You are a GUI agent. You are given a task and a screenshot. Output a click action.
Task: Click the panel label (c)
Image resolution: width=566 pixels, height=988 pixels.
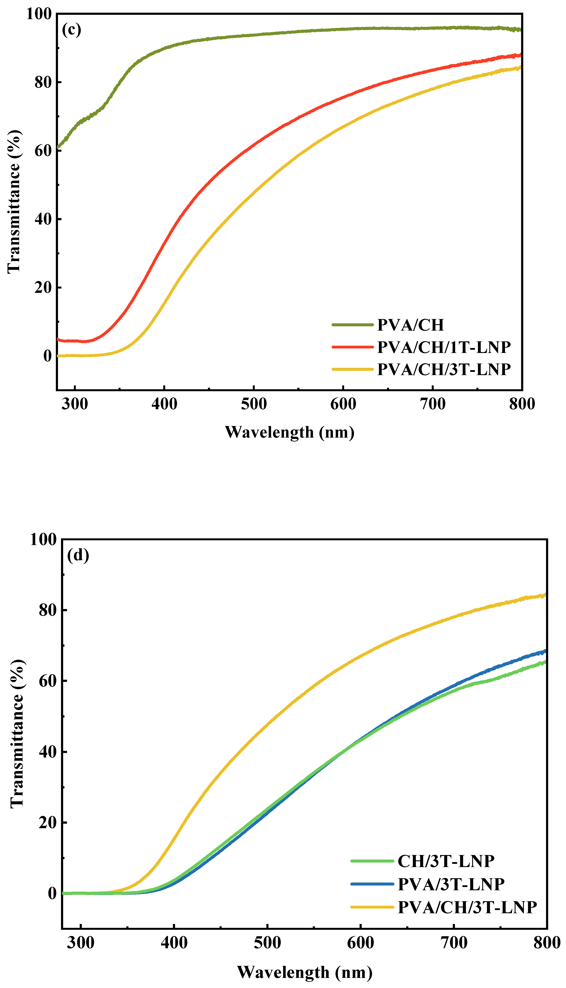[72, 29]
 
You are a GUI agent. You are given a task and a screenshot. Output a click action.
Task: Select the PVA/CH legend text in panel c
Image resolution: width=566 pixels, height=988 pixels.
[410, 325]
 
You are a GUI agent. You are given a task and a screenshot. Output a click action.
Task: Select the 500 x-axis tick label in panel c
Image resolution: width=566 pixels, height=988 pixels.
[254, 404]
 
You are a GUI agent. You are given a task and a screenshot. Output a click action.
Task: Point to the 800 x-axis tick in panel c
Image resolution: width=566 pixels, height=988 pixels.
[522, 404]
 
